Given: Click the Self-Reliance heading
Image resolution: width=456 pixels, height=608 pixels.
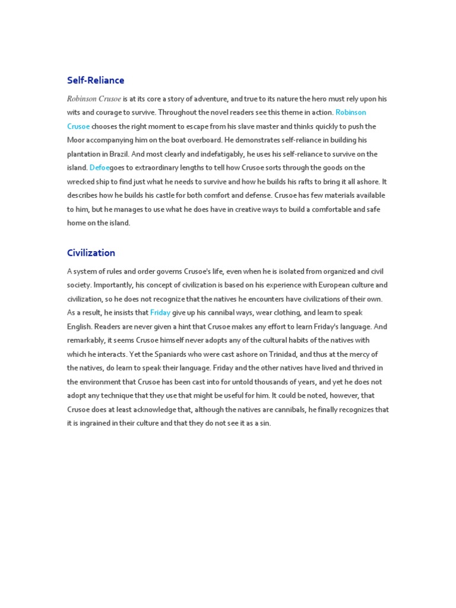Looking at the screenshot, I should pos(96,80).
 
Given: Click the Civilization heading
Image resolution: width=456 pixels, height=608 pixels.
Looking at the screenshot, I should pos(91,253).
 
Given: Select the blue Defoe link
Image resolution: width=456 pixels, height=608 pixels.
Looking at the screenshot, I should pos(100,168).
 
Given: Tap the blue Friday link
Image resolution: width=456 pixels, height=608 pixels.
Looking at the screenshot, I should pos(160,313).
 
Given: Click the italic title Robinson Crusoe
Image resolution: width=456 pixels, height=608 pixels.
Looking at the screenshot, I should pos(94,99).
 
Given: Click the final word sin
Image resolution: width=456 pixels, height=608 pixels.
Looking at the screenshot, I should pos(265,424).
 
